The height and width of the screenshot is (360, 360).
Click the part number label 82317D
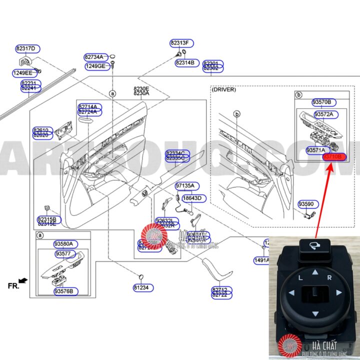25,48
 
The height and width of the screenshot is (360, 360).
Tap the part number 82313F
182,42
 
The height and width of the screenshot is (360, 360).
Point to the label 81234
143,287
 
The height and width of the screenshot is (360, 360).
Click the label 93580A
63,244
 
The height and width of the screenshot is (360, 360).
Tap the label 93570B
321,102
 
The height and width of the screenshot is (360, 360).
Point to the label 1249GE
95,66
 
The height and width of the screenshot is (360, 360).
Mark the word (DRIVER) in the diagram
223,89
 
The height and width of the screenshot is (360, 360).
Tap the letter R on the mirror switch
329,277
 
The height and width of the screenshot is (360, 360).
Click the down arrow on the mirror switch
315,313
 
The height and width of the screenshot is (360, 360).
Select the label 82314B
187,62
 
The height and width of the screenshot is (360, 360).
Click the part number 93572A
326,114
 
